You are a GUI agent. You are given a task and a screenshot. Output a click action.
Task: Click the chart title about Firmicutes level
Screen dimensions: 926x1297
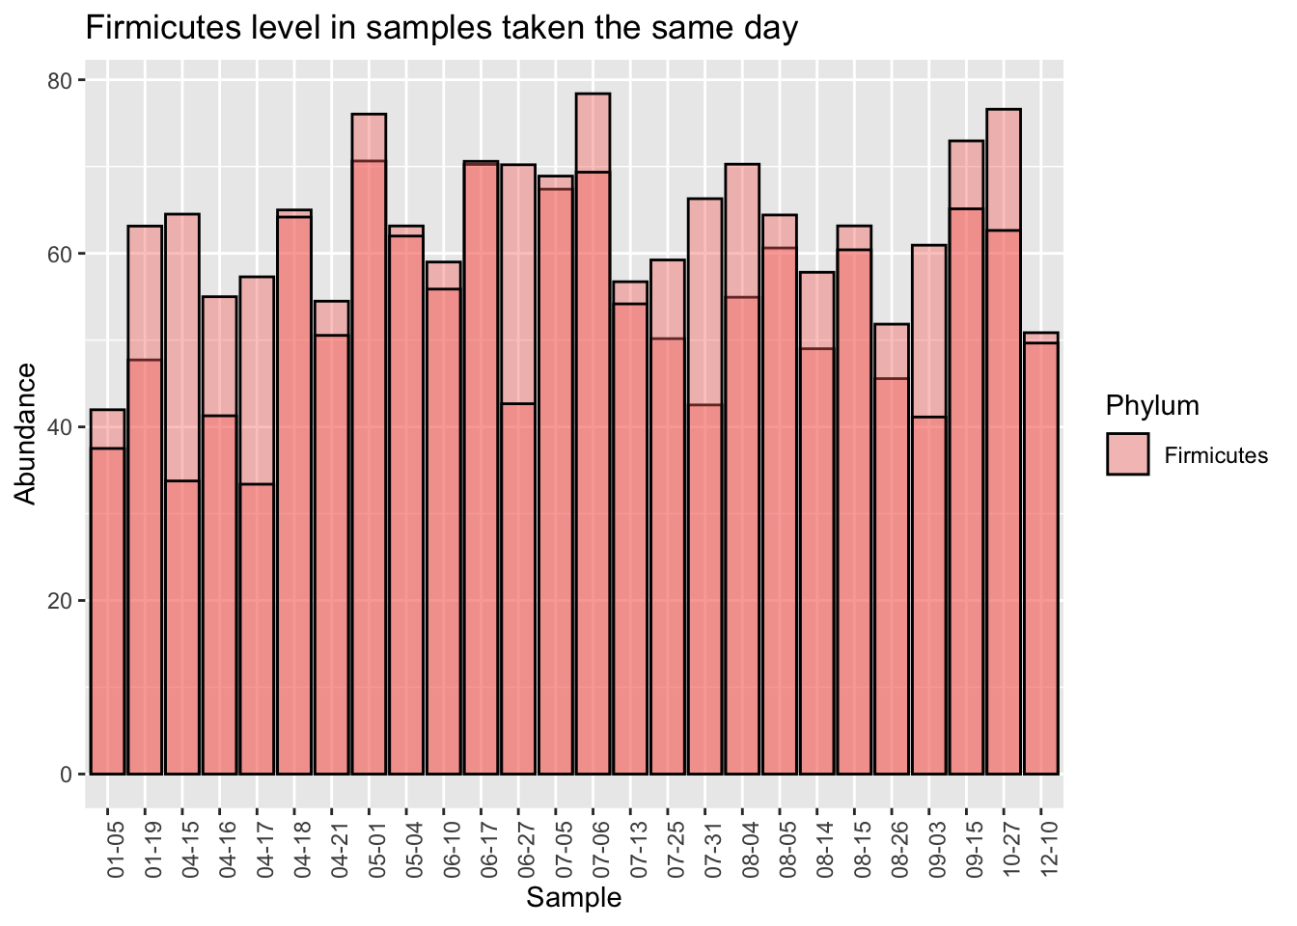point(442,27)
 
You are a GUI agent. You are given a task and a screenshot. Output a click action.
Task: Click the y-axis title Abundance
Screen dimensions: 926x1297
point(26,433)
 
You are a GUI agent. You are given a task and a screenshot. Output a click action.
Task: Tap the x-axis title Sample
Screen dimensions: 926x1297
point(574,898)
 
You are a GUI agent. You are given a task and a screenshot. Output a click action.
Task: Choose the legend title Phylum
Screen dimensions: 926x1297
point(1152,405)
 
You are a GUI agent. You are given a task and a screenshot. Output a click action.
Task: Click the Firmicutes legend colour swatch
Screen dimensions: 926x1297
point(1127,454)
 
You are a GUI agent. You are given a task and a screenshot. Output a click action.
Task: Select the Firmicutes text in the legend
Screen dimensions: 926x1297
point(1216,455)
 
